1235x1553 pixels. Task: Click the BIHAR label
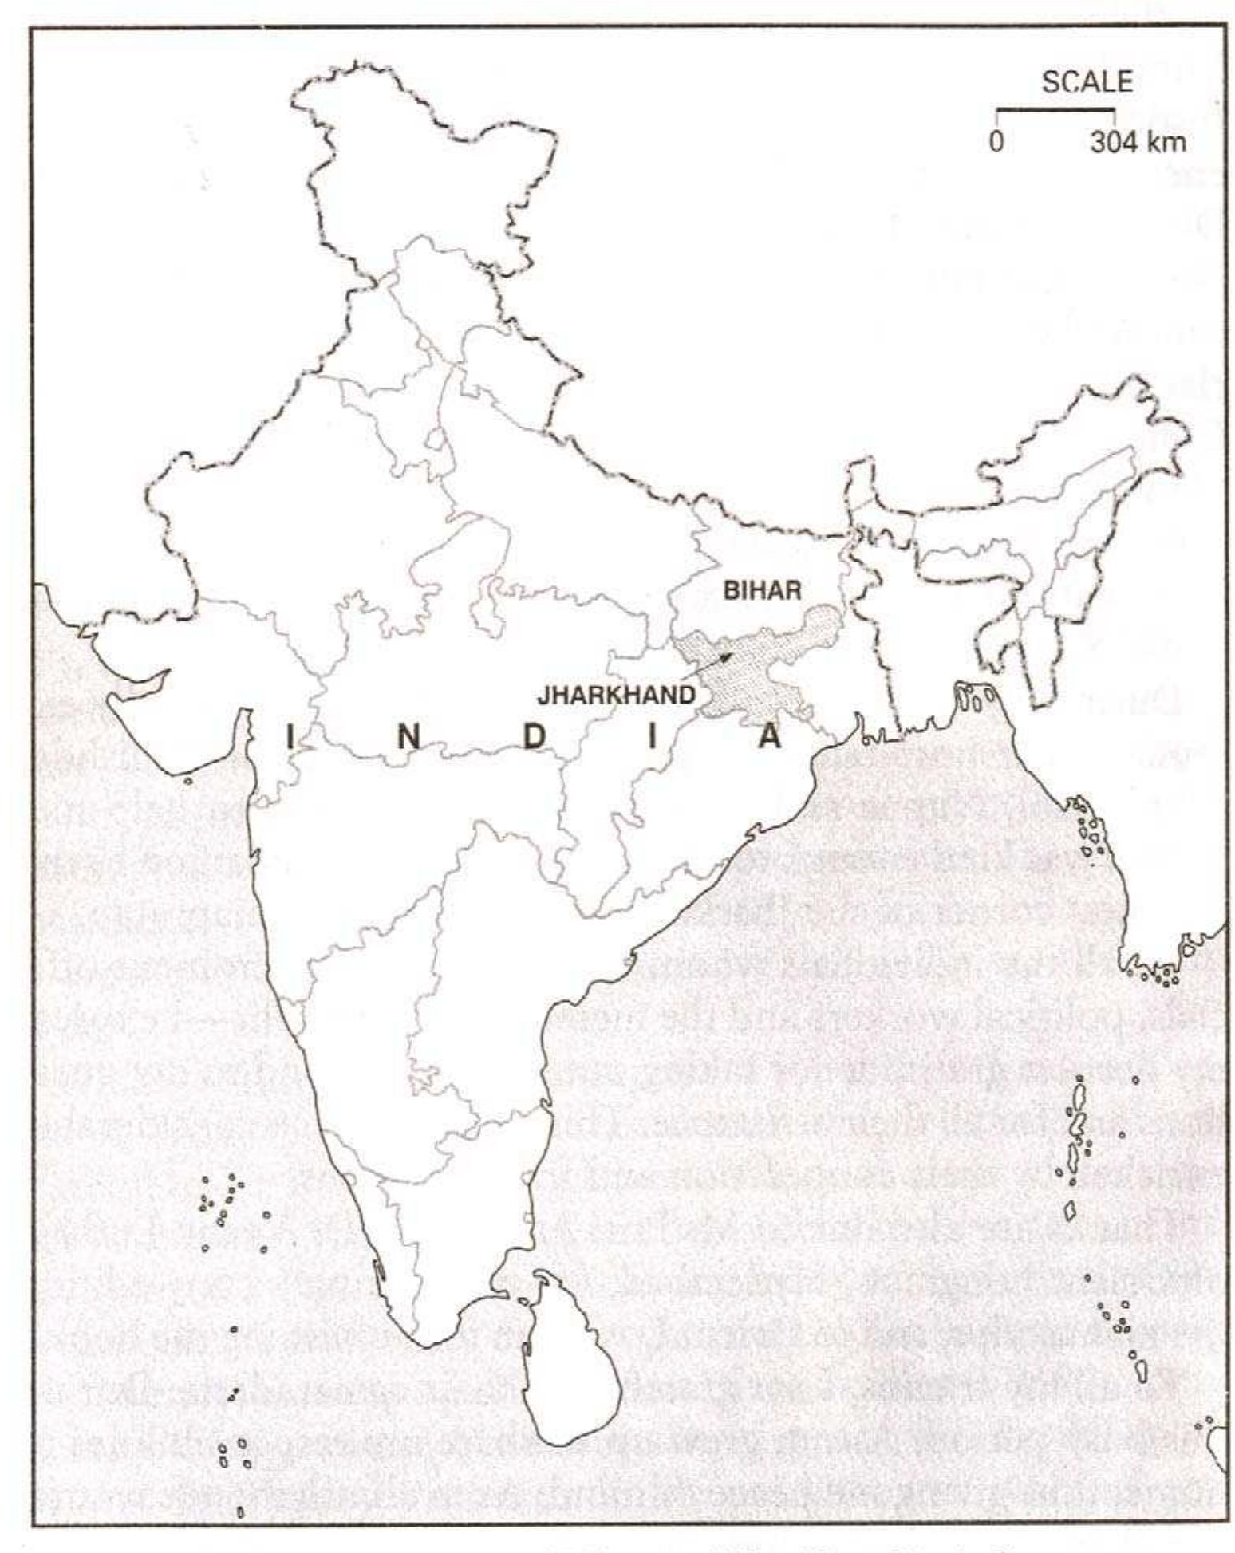coord(761,591)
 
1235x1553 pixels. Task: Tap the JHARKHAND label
coord(615,696)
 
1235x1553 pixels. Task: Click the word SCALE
coord(1087,82)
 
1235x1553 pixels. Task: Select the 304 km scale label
coord(1138,143)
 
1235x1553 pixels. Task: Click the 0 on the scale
coord(996,143)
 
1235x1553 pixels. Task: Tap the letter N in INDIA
coord(408,738)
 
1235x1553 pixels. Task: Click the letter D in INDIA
coord(533,738)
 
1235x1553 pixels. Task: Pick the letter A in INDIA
coord(768,738)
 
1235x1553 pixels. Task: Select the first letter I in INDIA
coord(290,738)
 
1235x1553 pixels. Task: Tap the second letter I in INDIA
coord(652,738)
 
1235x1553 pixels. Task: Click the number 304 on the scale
coord(1115,143)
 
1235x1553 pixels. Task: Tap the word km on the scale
coord(1166,143)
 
